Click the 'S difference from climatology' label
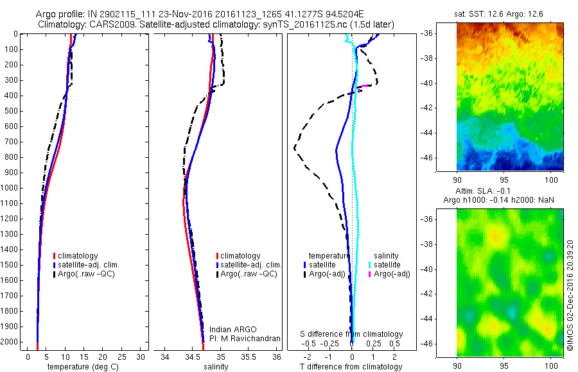pos(352,334)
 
